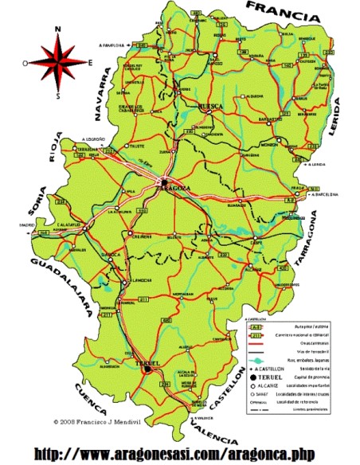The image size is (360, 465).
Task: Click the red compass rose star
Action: click(58, 62)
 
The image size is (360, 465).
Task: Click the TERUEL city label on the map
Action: click(148, 363)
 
